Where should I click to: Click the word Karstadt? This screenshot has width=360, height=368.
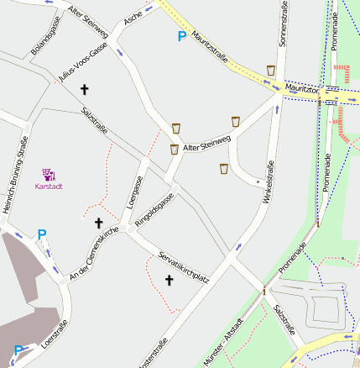[x=49, y=187]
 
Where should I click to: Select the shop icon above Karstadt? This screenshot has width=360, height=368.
[x=49, y=174]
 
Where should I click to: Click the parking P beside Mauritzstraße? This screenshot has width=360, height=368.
[x=181, y=36]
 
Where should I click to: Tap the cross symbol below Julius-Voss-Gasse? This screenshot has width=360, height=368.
[x=84, y=89]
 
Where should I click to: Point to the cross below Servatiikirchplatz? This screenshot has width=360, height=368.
[x=168, y=281]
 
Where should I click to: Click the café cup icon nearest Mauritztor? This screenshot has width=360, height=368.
[x=270, y=70]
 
